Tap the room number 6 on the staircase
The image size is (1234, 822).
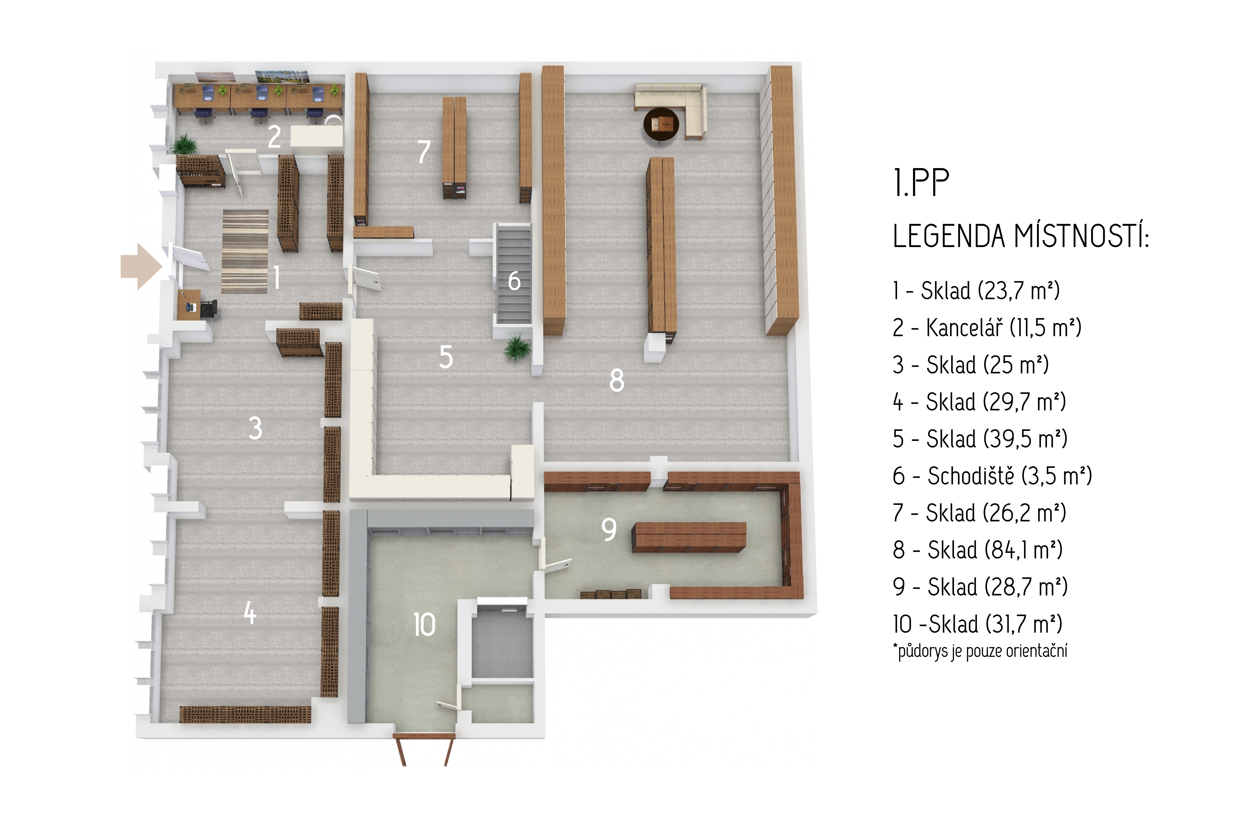point(514,281)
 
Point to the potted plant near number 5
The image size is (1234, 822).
point(517,347)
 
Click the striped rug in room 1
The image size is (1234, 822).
point(245,252)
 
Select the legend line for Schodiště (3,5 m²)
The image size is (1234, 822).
point(992,476)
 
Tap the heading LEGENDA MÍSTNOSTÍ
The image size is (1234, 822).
point(1021,236)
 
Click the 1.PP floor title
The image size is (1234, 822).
point(921,183)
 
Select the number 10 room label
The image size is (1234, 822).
point(424,625)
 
